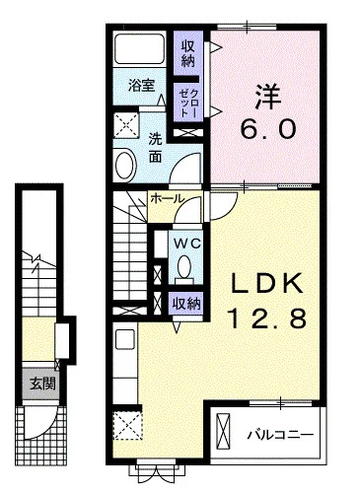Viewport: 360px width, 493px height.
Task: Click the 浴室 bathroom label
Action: click(x=141, y=86)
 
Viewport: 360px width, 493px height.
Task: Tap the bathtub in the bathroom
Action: click(x=139, y=48)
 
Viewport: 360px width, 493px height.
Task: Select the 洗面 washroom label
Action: click(x=155, y=148)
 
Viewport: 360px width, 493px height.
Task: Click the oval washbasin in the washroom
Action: click(x=125, y=165)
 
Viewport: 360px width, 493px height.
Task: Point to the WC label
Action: click(x=186, y=244)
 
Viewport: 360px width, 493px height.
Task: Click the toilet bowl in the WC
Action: click(x=184, y=266)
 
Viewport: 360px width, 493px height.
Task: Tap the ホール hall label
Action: click(x=167, y=199)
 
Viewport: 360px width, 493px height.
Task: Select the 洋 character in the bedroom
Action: click(x=267, y=97)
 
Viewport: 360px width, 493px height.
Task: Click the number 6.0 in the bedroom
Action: click(x=268, y=128)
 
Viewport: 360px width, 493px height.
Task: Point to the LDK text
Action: click(x=266, y=283)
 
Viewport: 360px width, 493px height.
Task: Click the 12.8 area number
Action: click(x=268, y=317)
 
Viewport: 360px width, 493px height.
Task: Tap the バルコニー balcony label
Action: click(x=280, y=436)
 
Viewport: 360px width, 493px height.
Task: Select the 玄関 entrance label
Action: click(x=42, y=384)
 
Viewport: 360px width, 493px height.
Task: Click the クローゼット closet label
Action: click(x=188, y=103)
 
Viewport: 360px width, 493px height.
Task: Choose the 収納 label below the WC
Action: click(x=186, y=304)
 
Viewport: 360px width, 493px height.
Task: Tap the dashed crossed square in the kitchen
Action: click(x=128, y=425)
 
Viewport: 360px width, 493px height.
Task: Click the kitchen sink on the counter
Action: click(x=125, y=339)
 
